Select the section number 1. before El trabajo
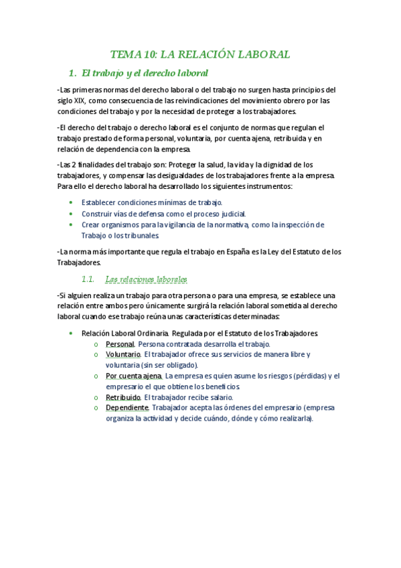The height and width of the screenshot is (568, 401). [73, 72]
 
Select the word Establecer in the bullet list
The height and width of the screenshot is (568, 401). [102, 202]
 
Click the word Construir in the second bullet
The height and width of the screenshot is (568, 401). [100, 214]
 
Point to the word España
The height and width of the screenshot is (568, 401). [238, 252]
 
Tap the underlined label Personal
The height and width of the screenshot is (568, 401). [120, 344]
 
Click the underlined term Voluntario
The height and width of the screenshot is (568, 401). [123, 354]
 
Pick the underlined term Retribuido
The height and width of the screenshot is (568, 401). [123, 397]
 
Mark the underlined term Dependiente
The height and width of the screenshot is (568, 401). [127, 407]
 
